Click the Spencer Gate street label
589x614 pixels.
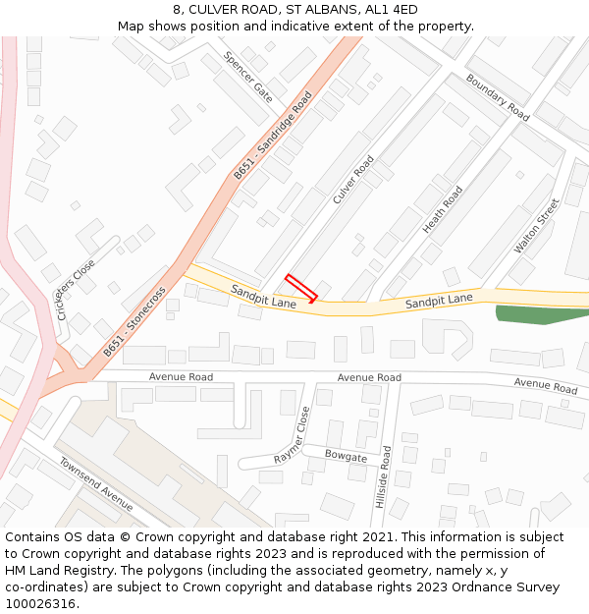click(x=248, y=77)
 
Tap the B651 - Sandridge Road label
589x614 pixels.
click(x=273, y=135)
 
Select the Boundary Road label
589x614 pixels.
click(x=498, y=97)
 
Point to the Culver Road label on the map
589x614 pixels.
click(x=353, y=180)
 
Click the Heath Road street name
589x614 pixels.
click(x=443, y=209)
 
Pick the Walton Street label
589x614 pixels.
click(x=537, y=226)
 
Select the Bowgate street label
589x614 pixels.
click(x=346, y=457)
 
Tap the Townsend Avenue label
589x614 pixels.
click(x=95, y=483)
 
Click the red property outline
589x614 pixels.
click(x=301, y=288)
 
